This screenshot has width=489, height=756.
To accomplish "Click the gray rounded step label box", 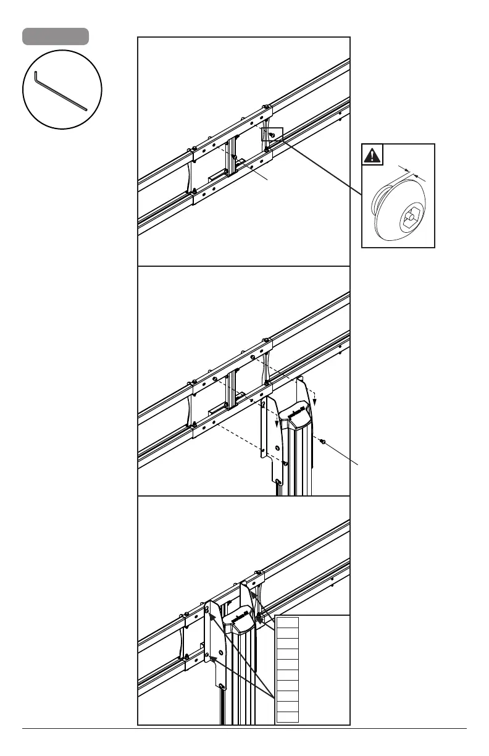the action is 56,36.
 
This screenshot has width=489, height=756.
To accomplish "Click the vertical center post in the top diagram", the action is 231,157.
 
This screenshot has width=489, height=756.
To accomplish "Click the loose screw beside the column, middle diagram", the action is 322,441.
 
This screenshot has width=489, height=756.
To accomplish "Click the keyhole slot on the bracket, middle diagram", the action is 263,405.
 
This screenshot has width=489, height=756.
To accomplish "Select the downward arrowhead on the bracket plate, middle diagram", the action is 275,423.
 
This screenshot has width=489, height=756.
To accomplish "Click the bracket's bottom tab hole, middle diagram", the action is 278,482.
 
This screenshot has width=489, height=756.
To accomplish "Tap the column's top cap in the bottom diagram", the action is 239,619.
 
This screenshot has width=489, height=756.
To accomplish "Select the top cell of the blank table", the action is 288,621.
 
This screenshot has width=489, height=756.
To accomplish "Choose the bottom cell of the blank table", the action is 288,716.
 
